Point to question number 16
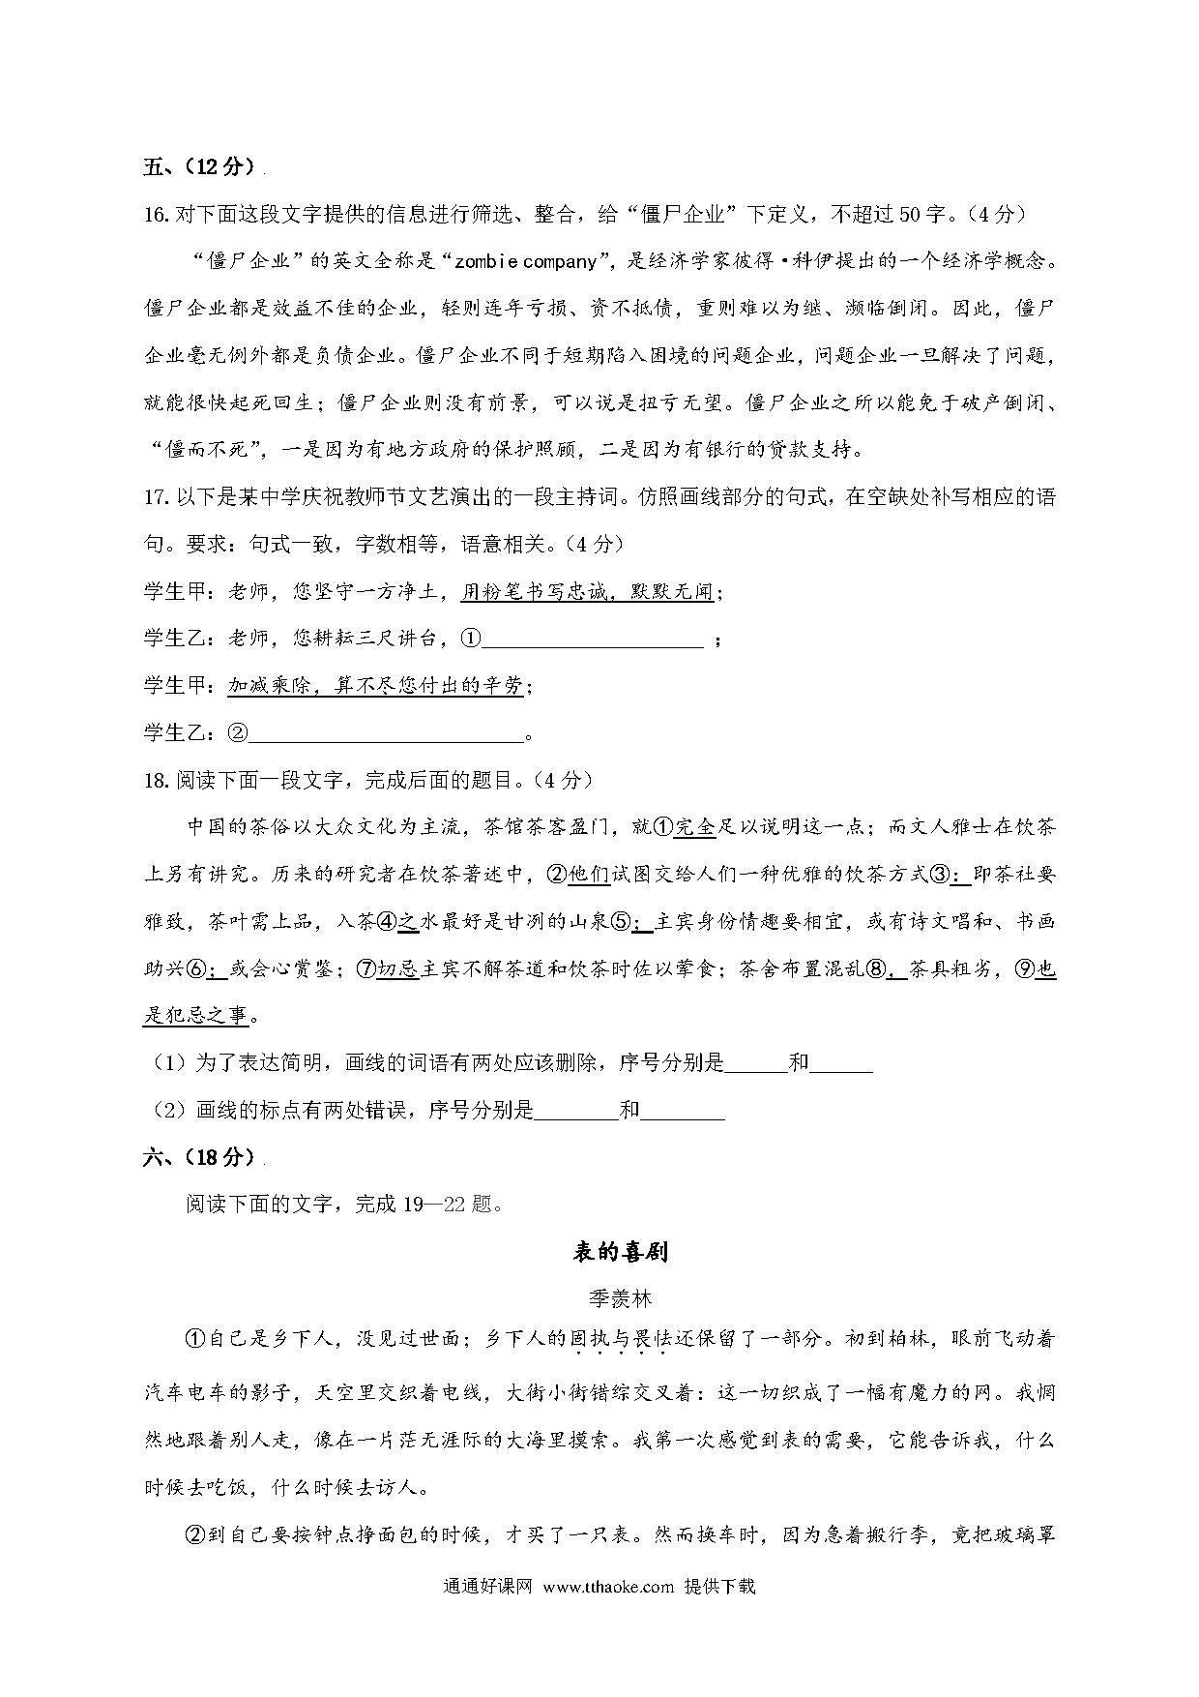157,214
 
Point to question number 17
157,497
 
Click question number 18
157,780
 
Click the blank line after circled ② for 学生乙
386,733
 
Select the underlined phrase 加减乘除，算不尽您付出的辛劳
375,686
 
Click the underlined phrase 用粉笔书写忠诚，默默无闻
587,592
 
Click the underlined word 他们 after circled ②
588,874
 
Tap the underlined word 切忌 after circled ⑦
397,968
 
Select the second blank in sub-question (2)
683,1111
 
